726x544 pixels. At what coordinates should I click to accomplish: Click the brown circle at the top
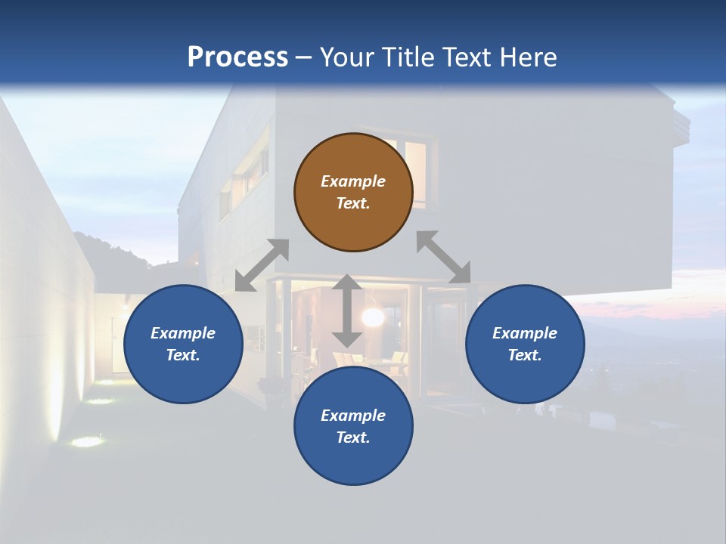pos(353,193)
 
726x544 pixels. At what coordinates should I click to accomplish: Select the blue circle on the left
pos(183,344)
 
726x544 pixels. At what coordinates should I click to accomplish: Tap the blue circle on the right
pos(525,344)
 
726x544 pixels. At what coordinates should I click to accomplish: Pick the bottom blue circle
pos(353,426)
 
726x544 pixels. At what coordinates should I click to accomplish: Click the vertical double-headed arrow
pos(347,311)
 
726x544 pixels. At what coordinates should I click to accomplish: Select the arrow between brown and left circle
pos(262,265)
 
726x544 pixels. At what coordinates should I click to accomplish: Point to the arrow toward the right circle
pos(443,257)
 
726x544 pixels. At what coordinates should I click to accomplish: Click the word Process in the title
pos(237,57)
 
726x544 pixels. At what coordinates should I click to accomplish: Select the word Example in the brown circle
pos(353,181)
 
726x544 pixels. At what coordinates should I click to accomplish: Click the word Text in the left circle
pos(182,355)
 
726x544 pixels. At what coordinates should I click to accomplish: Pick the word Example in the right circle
pos(525,333)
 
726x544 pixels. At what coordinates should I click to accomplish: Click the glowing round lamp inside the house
pos(372,317)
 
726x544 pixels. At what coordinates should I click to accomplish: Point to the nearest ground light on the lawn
pos(88,441)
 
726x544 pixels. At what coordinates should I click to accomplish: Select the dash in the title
pos(304,57)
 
